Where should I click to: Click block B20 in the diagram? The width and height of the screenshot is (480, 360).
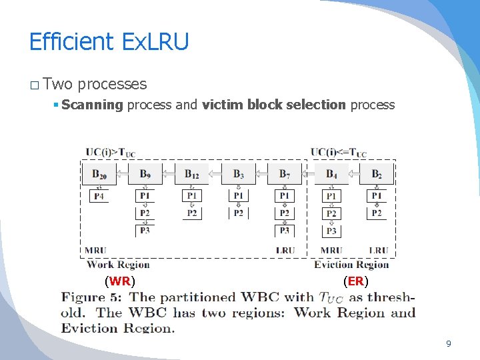99,175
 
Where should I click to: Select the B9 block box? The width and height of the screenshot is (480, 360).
145,175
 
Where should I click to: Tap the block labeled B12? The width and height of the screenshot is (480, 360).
191,175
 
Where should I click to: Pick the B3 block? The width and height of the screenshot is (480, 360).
238,175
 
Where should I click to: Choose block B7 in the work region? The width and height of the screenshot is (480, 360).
285,175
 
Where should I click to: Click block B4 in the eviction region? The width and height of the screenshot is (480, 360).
331,175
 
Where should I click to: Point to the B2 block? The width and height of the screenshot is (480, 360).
377,175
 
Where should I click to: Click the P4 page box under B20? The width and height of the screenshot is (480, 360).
99,196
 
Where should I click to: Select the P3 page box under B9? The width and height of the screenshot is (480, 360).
145,231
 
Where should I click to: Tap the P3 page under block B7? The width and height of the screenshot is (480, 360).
285,231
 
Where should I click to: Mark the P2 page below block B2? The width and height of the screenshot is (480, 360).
377,213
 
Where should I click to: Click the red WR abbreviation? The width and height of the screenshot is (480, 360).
120,281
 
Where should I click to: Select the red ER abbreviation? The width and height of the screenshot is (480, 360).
356,281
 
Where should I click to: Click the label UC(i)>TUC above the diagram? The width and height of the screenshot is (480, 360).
110,152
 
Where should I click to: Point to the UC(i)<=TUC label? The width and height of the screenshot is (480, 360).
339,152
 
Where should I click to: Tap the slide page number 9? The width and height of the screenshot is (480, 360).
448,344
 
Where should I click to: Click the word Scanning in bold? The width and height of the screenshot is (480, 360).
92,105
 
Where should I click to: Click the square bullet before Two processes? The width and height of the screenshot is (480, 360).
34,85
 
